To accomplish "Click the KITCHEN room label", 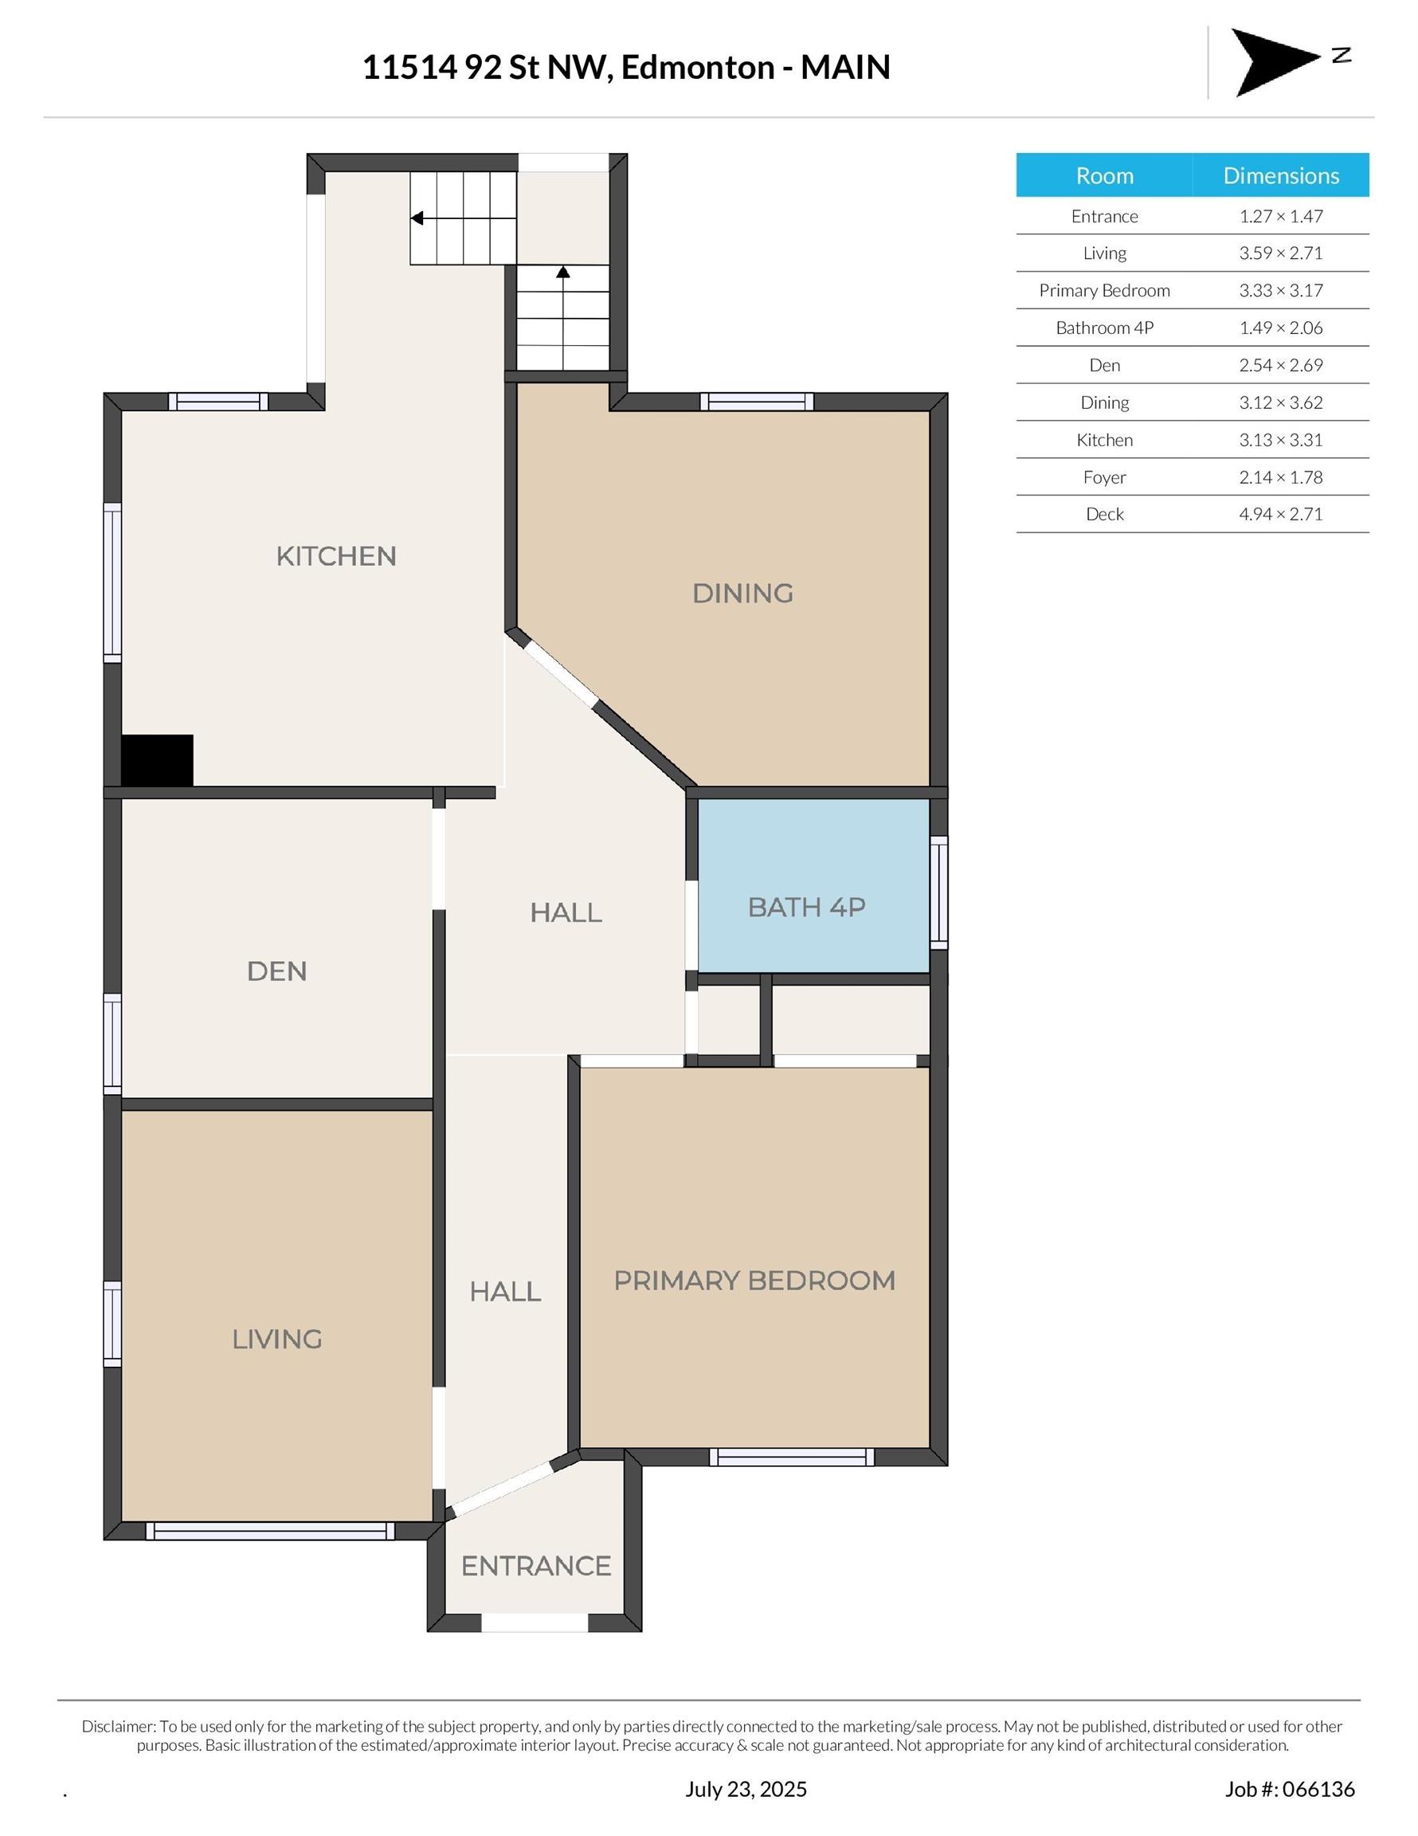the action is [x=336, y=556].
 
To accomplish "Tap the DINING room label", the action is [x=743, y=594].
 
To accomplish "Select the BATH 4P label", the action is [x=807, y=907].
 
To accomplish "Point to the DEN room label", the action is [x=276, y=972].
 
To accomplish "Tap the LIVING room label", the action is [x=277, y=1340].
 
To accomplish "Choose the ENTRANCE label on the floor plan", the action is [x=536, y=1566].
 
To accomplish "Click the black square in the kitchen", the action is [x=157, y=761].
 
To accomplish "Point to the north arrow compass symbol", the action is [x=1275, y=62].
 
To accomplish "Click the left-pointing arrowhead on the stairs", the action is [x=416, y=218].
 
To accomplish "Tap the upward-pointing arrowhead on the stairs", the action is [x=563, y=273].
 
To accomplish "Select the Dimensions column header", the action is [x=1281, y=175].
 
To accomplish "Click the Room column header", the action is [x=1104, y=175].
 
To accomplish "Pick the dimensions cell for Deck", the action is [x=1281, y=515].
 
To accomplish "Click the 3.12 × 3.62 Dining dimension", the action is [x=1281, y=402].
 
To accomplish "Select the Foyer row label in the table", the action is [x=1104, y=477].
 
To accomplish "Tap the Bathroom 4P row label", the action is [x=1104, y=328].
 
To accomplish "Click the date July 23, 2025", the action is [x=746, y=1789].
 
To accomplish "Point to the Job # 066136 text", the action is [x=1291, y=1789].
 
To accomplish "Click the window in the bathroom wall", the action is [x=939, y=892].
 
